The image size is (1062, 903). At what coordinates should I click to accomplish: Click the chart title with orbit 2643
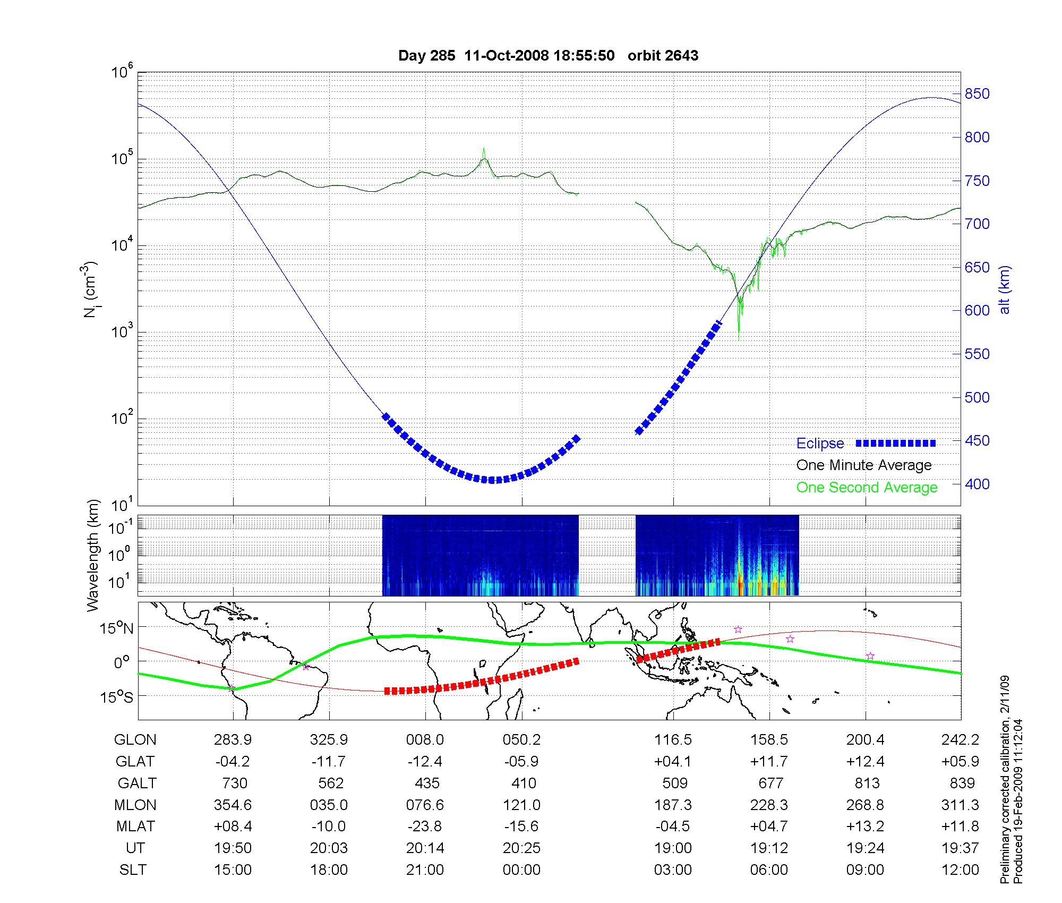548,56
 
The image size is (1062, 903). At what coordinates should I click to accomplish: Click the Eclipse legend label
820,444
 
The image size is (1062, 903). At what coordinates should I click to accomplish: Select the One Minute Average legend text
864,465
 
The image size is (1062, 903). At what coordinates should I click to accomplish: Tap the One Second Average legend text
867,488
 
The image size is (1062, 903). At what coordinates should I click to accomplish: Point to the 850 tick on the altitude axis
978,94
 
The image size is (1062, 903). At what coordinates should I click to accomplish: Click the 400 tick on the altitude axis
978,484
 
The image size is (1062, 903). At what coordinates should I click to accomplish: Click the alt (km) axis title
1005,289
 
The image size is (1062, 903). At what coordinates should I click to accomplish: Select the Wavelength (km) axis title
93,555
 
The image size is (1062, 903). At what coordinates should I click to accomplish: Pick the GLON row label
135,739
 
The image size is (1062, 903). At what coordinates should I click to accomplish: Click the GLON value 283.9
233,739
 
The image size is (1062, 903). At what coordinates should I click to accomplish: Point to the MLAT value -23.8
425,827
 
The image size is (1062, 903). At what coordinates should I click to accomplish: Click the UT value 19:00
673,848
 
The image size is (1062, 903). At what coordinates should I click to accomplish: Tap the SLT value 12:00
962,870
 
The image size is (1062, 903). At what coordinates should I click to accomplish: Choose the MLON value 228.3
769,805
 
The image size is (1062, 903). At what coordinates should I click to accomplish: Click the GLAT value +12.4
866,761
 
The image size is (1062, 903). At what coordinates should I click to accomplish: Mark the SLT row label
133,870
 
